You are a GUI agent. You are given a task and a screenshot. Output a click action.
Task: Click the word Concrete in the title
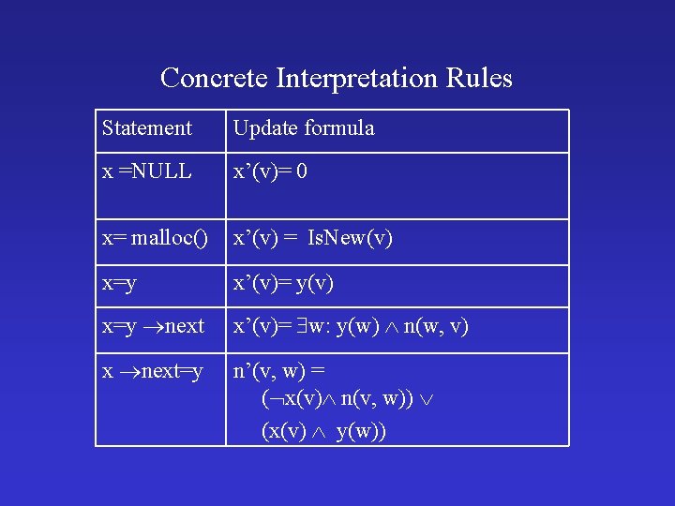pos(214,78)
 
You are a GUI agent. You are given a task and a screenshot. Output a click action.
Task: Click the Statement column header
pos(146,128)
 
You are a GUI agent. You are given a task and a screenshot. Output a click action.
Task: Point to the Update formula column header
pos(303,128)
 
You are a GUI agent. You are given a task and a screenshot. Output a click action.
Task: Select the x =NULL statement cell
pos(146,172)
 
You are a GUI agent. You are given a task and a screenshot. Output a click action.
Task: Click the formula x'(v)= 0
pos(270,172)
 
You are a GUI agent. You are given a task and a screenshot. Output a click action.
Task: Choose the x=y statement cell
pos(119,283)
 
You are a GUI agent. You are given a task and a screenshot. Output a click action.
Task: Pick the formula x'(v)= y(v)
pos(282,283)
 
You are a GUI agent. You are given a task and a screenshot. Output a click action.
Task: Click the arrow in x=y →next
pos(152,327)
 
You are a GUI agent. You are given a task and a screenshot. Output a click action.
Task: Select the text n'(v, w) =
pos(278,372)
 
